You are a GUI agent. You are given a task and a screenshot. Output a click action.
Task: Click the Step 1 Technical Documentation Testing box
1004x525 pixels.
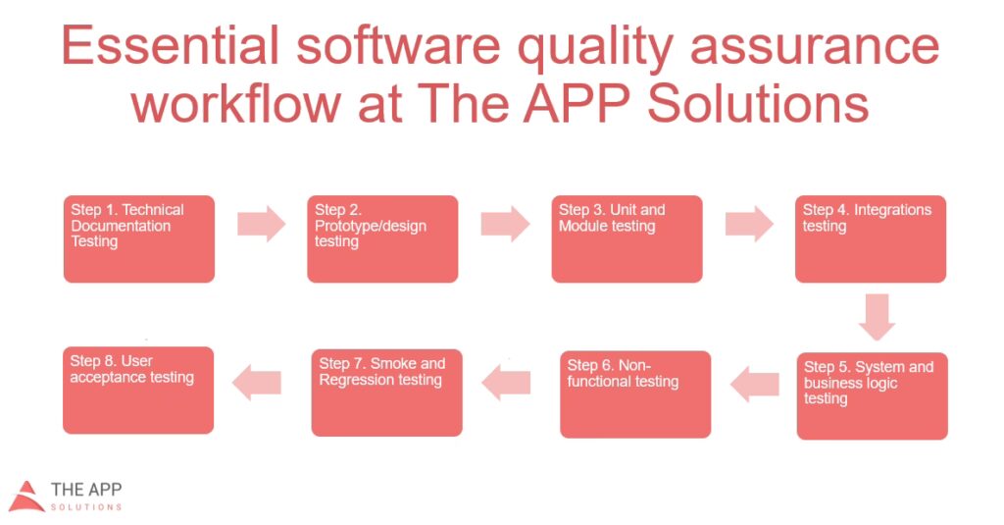(x=139, y=239)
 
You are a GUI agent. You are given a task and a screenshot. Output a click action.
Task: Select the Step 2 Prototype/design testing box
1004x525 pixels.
(x=383, y=239)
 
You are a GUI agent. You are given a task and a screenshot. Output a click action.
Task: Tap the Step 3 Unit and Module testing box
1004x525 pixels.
(x=627, y=239)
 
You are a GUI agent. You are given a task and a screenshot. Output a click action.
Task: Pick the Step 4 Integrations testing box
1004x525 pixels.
(x=871, y=239)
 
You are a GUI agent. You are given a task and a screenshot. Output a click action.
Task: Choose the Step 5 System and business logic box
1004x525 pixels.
(x=872, y=396)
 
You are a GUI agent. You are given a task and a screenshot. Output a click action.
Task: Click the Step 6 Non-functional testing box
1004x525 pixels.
(x=635, y=394)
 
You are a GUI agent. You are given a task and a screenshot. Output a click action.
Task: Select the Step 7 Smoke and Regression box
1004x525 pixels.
(x=386, y=393)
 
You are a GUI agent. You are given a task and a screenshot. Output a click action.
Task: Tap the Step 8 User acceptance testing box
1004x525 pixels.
(x=138, y=391)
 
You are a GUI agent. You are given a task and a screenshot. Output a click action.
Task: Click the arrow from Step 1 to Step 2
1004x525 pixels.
(x=261, y=224)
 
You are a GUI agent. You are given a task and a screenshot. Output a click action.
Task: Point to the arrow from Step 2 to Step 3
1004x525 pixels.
(x=505, y=224)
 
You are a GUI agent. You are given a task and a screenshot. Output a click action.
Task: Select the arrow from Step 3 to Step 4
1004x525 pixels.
(x=749, y=224)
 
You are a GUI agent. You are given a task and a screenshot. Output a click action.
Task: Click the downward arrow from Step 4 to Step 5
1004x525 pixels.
(x=877, y=317)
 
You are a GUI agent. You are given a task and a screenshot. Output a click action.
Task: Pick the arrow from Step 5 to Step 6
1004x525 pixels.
(x=755, y=385)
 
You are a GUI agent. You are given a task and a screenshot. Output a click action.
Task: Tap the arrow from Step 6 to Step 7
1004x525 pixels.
(x=506, y=383)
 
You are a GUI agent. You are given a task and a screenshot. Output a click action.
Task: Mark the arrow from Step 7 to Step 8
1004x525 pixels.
(x=257, y=383)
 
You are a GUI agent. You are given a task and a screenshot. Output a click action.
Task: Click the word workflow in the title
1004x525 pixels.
(x=236, y=104)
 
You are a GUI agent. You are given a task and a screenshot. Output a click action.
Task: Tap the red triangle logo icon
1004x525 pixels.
(x=25, y=497)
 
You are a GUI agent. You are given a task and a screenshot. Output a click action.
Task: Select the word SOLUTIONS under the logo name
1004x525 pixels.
(x=86, y=507)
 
